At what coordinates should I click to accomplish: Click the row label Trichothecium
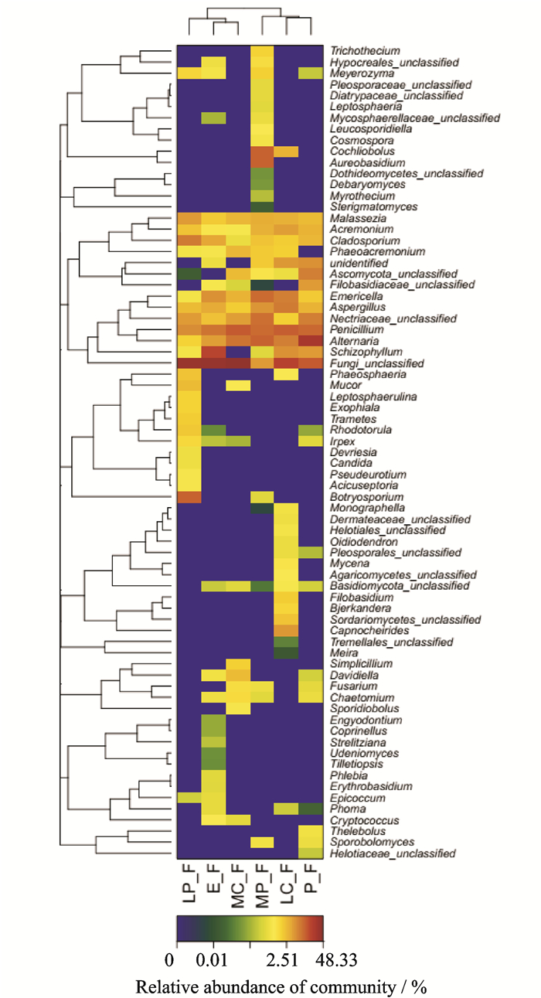pyautogui.click(x=365, y=51)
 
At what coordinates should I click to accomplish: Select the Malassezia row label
pyautogui.click(x=358, y=218)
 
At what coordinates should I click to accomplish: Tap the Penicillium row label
pyautogui.click(x=356, y=329)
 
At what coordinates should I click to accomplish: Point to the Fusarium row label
pyautogui.click(x=353, y=686)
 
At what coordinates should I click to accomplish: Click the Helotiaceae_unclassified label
pyautogui.click(x=393, y=853)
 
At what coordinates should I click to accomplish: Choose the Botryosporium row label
pyautogui.click(x=366, y=497)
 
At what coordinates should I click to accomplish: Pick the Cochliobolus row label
pyautogui.click(x=362, y=151)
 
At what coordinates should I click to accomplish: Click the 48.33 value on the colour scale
pyautogui.click(x=336, y=959)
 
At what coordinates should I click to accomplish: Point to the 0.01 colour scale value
pyautogui.click(x=212, y=959)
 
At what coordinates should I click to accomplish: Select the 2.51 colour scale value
pyautogui.click(x=282, y=959)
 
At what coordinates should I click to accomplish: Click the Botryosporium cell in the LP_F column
pyautogui.click(x=189, y=497)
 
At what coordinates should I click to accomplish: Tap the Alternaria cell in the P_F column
pyautogui.click(x=311, y=341)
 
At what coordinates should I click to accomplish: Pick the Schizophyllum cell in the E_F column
pyautogui.click(x=214, y=352)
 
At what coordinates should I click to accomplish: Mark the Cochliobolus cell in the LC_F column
pyautogui.click(x=286, y=152)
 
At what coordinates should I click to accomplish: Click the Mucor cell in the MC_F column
pyautogui.click(x=238, y=386)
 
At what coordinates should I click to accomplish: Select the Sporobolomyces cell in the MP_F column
pyautogui.click(x=262, y=842)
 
